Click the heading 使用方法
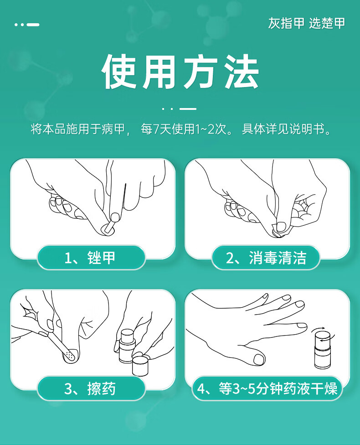click(180, 72)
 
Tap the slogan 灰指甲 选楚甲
click(307, 23)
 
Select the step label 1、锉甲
click(90, 258)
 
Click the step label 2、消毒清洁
click(266, 258)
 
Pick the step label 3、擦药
click(90, 388)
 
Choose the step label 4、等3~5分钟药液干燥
click(267, 388)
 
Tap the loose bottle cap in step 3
click(140, 364)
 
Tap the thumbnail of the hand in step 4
click(259, 359)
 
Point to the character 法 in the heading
click(242, 72)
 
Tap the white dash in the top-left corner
click(33, 25)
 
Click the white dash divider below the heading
click(188, 109)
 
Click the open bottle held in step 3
click(127, 346)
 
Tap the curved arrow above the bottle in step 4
click(319, 329)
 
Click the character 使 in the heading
click(119, 72)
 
